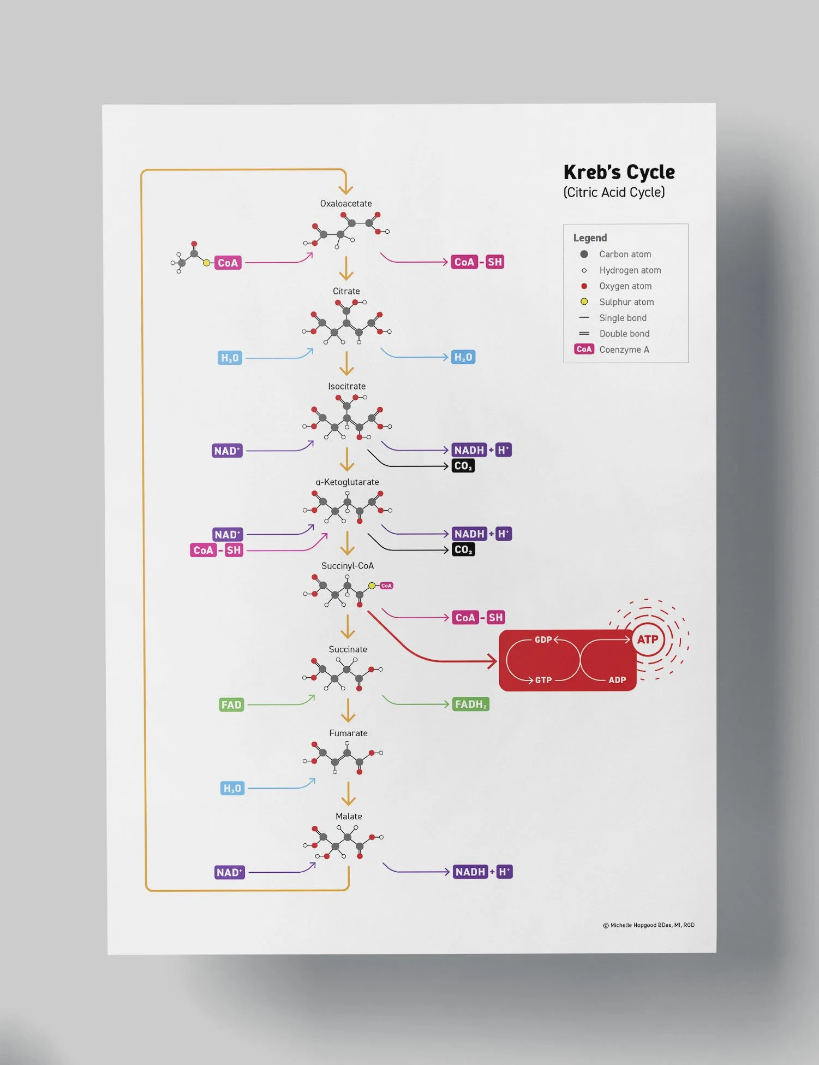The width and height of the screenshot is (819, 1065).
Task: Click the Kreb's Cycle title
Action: click(619, 173)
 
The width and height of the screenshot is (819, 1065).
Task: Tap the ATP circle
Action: click(648, 640)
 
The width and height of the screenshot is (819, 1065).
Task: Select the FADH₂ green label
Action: click(470, 705)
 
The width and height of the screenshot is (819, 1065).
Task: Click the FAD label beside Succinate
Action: click(231, 705)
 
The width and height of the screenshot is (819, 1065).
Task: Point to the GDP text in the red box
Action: click(543, 640)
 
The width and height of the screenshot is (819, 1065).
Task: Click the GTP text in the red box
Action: click(543, 680)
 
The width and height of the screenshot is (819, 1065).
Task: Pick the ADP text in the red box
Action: click(617, 680)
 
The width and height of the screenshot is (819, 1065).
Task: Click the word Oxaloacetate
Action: click(346, 204)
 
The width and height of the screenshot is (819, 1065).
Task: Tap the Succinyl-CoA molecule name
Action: click(348, 566)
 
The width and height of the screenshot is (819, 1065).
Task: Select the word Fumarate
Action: click(348, 733)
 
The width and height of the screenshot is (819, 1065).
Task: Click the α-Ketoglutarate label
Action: click(347, 482)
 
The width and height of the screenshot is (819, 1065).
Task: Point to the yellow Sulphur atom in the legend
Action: click(584, 301)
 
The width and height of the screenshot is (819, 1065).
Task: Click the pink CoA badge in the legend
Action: click(584, 350)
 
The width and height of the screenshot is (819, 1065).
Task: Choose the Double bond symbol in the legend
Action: click(584, 334)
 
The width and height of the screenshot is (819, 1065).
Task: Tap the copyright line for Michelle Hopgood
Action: click(649, 925)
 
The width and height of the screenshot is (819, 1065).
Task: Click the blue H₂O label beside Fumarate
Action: click(232, 789)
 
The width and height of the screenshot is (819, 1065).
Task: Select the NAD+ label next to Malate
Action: click(230, 872)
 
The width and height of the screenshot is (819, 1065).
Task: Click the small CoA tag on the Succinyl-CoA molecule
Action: click(386, 585)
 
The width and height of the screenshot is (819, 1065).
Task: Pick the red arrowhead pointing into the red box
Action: click(493, 662)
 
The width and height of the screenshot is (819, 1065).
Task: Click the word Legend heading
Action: click(590, 238)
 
